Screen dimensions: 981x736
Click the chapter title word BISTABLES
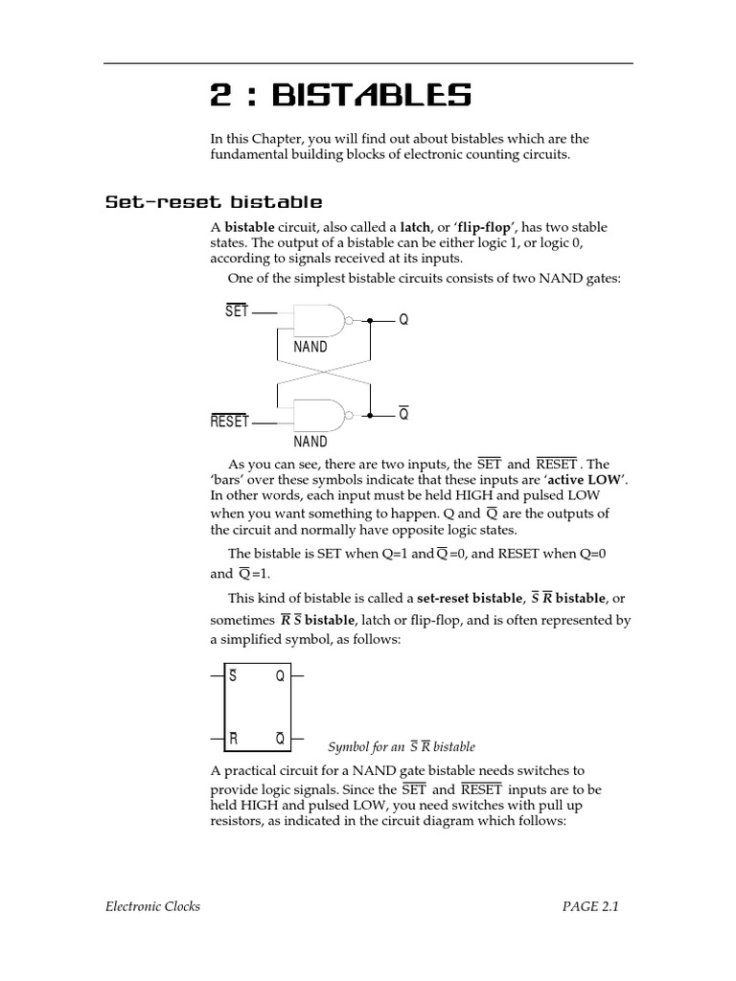[x=372, y=96]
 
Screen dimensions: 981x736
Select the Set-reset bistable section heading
[x=213, y=202]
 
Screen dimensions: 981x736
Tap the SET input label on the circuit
[x=237, y=312]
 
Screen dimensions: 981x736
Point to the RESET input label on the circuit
[x=229, y=422]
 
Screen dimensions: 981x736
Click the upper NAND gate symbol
[x=322, y=320]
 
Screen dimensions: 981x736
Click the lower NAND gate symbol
[x=322, y=416]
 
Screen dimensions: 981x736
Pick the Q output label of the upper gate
[x=403, y=320]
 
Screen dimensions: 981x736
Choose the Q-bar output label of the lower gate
[x=403, y=415]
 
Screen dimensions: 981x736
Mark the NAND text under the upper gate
[x=310, y=347]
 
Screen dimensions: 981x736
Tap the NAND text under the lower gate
[x=310, y=442]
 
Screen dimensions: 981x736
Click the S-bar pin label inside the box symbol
[x=232, y=676]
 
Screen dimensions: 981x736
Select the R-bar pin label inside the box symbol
[x=233, y=739]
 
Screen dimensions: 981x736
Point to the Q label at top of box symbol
[x=280, y=676]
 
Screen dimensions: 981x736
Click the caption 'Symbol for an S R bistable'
[x=402, y=746]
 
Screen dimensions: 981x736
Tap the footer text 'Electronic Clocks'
[x=152, y=906]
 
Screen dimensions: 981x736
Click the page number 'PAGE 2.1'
[x=590, y=906]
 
